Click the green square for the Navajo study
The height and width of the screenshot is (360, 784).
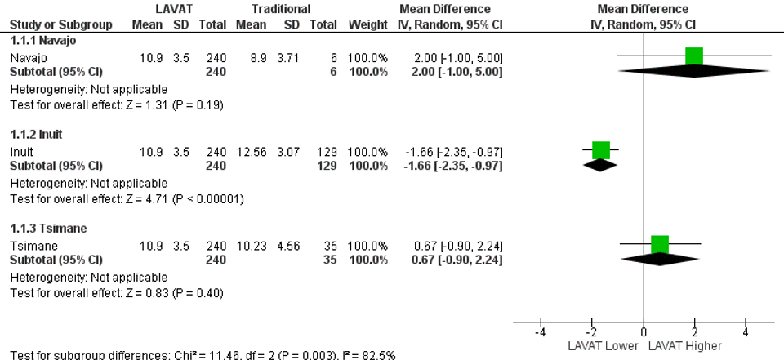pyautogui.click(x=694, y=56)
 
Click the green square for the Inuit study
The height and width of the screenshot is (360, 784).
pyautogui.click(x=601, y=150)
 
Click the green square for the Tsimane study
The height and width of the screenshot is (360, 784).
pyautogui.click(x=660, y=244)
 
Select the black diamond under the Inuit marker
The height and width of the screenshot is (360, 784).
pyautogui.click(x=601, y=164)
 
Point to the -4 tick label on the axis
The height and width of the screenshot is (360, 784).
pyautogui.click(x=540, y=332)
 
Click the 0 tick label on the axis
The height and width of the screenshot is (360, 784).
pyautogui.click(x=644, y=332)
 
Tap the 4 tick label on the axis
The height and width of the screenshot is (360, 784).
pyautogui.click(x=746, y=332)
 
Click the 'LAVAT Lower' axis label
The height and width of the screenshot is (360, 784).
pyautogui.click(x=604, y=345)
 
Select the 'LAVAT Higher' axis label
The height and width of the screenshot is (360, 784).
pyautogui.click(x=685, y=345)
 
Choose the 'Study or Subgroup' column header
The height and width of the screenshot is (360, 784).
pyautogui.click(x=56, y=24)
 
